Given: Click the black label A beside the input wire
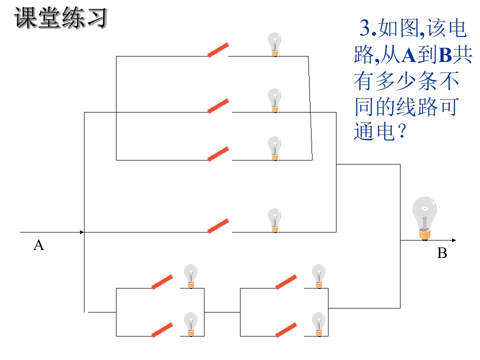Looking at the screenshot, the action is coord(38,245).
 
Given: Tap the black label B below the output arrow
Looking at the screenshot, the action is coord(442,253).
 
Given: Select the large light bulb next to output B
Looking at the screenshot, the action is coord(424,218).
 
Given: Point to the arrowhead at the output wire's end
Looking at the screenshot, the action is coord(454,240).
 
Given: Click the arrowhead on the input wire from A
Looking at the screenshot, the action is coord(81,232).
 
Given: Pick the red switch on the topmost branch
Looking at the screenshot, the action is coord(218,50).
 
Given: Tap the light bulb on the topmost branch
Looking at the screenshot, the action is coord(274,44).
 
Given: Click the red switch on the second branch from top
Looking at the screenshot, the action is coord(218,106).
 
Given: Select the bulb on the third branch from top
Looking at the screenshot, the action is coord(274,148).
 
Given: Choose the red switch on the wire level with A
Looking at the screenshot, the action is coord(218,226).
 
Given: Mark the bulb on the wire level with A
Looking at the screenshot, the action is coord(274,220).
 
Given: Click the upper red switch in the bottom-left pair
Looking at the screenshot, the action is coord(162,282).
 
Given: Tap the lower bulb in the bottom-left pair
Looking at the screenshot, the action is coord(190,324).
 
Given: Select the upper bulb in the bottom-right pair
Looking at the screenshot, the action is coord(318,276).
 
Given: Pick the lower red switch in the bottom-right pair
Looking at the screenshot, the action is coord(286,330).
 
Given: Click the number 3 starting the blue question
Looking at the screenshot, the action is coord(365,28).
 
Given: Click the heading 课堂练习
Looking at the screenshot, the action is coord(60,18).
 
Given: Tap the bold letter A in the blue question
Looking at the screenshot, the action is coord(409,55).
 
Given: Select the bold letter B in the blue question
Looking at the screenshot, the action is coord(445,55).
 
